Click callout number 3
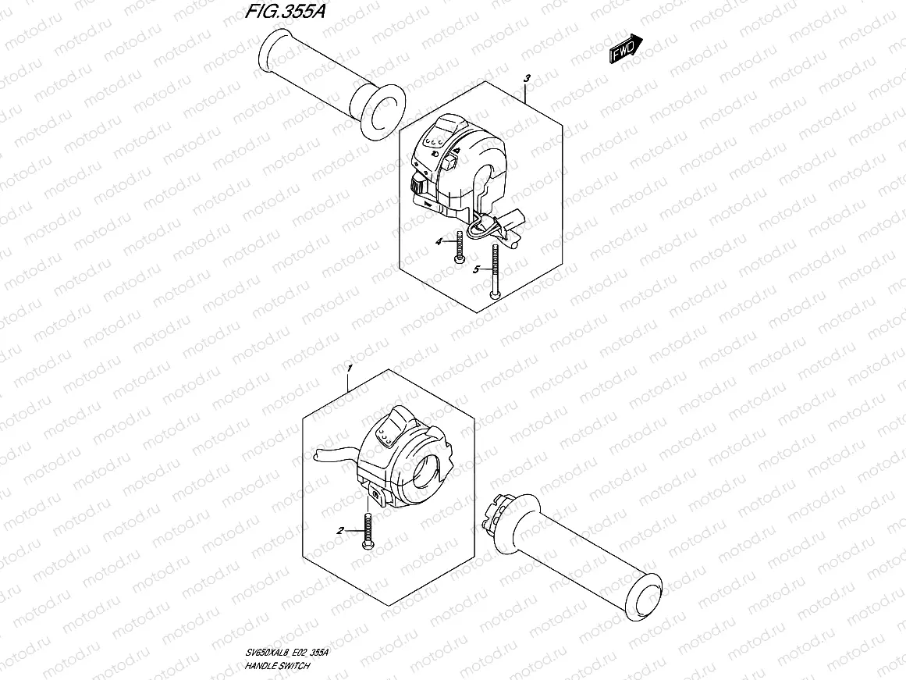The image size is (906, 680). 528,79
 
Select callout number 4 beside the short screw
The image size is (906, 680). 439,242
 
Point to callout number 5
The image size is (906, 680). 475,269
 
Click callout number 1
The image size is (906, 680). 350,367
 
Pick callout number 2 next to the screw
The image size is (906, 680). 340,531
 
